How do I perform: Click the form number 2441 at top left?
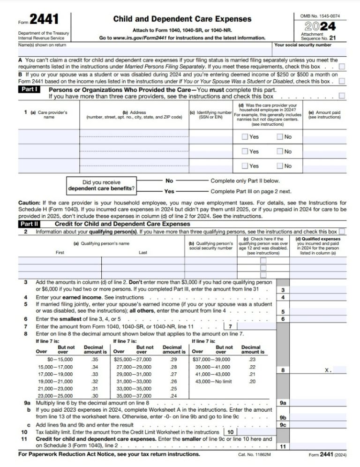(x=45, y=20)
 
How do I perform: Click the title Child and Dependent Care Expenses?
(x=182, y=19)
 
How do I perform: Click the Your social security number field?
(x=310, y=52)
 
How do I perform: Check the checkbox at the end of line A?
(x=342, y=67)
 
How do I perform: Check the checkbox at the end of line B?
(x=342, y=81)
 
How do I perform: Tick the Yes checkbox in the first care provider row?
(x=244, y=137)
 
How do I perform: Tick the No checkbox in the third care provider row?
(x=279, y=166)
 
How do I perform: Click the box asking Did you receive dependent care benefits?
(x=101, y=186)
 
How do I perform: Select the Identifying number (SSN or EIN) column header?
(x=210, y=115)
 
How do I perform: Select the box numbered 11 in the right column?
(x=283, y=446)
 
